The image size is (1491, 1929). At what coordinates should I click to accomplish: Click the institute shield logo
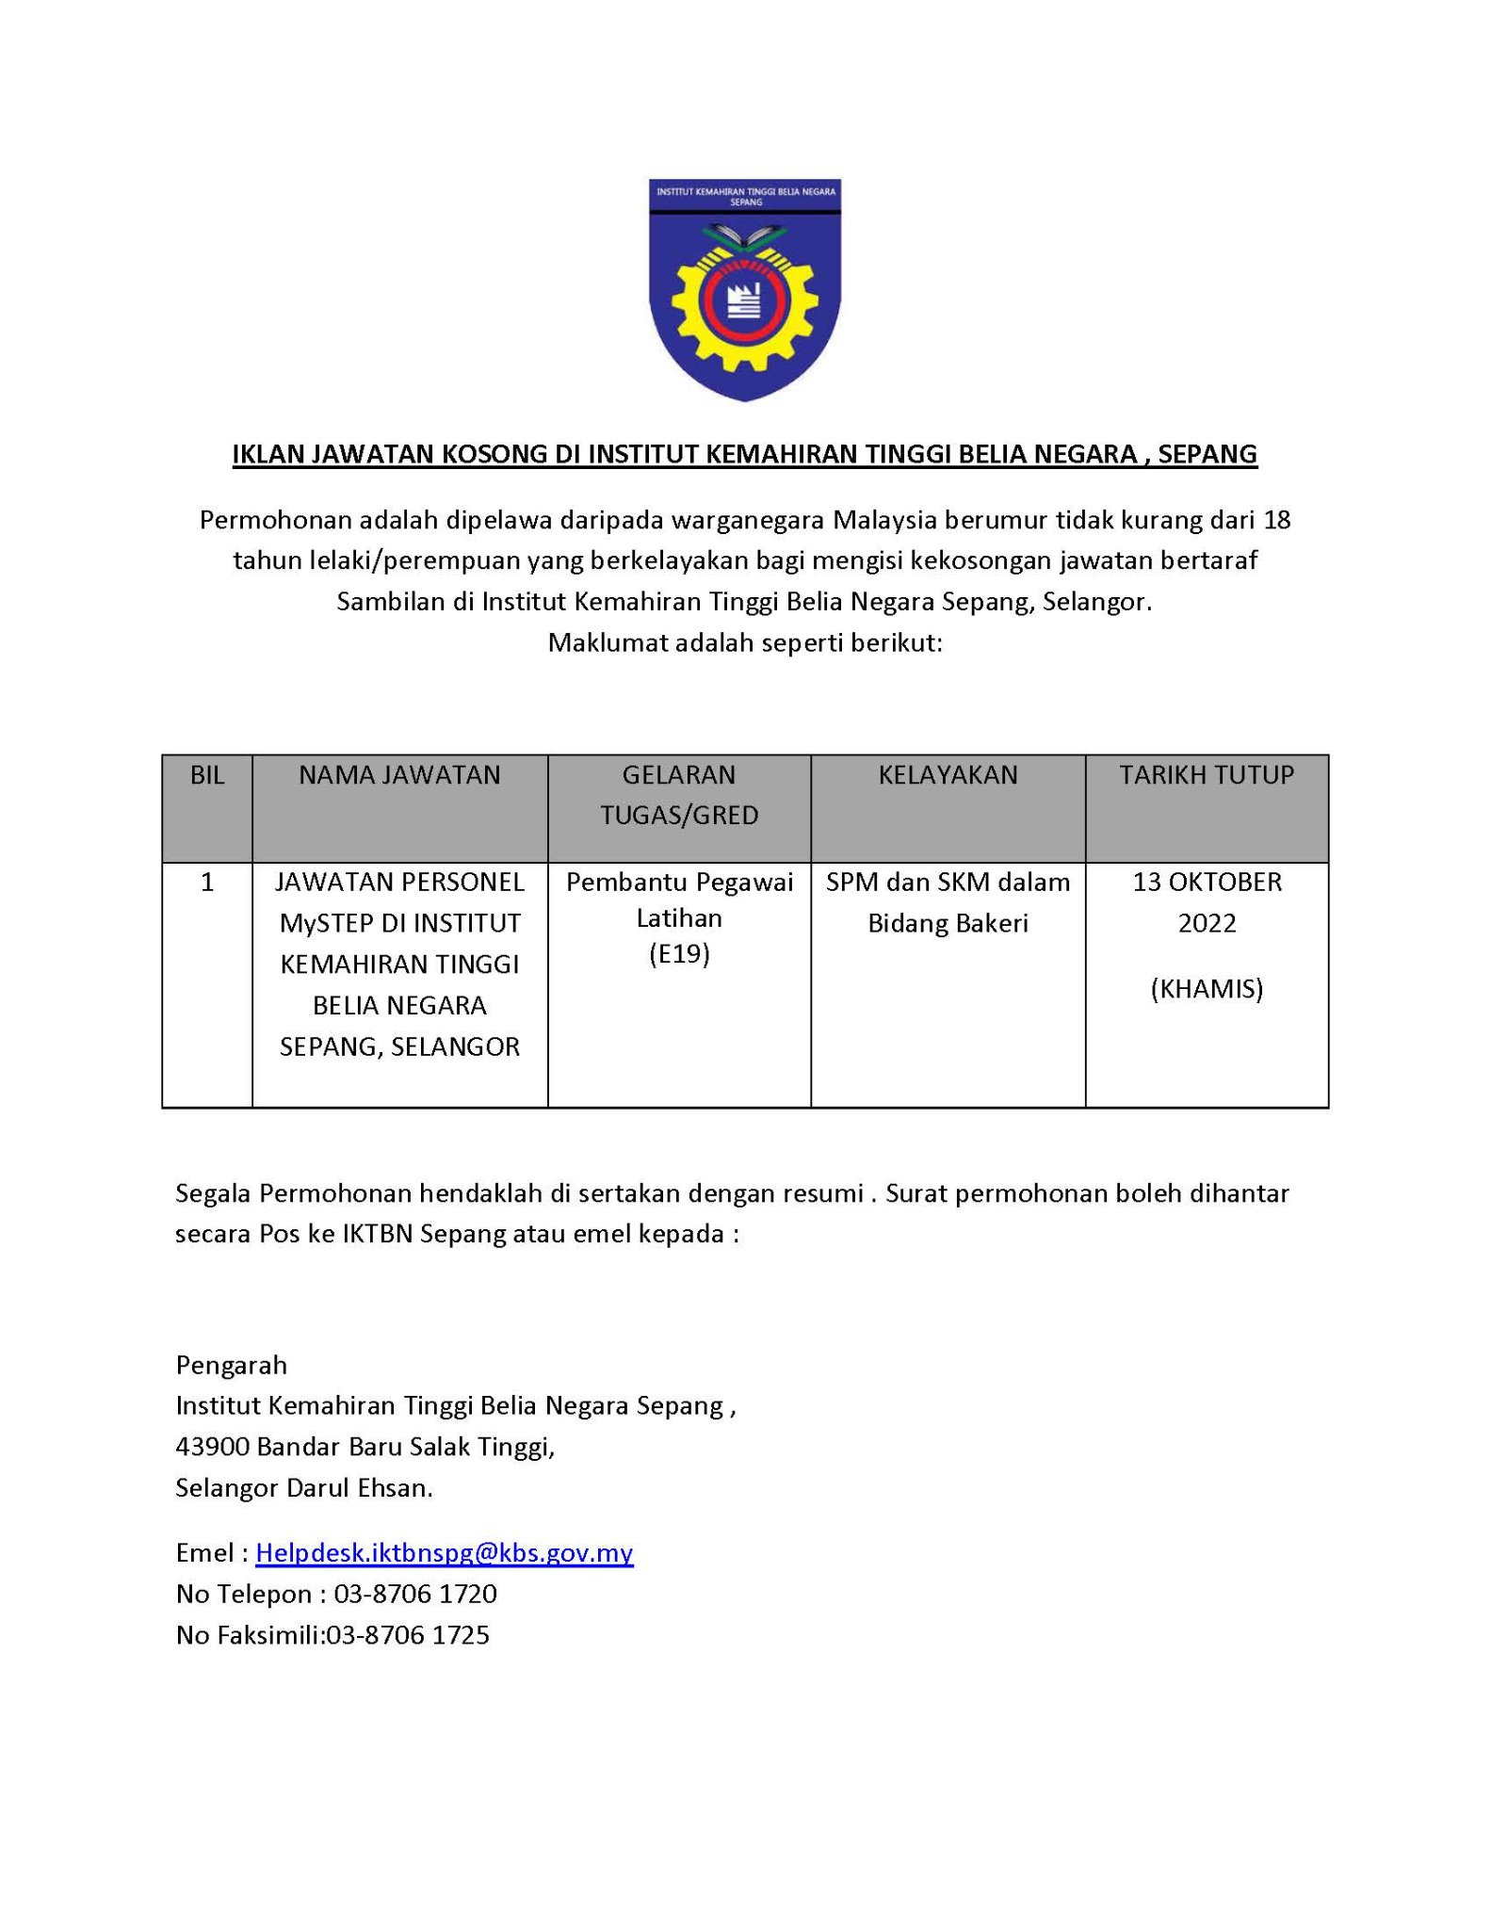(x=744, y=288)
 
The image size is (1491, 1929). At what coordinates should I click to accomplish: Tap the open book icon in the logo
(x=744, y=235)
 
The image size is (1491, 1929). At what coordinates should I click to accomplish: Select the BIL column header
(x=207, y=775)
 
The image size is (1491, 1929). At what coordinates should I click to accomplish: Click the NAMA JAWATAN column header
(x=399, y=775)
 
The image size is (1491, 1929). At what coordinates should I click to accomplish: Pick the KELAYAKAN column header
(x=948, y=775)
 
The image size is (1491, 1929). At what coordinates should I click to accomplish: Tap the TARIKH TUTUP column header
(x=1207, y=775)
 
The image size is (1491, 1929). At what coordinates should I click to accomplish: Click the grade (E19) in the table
(x=679, y=954)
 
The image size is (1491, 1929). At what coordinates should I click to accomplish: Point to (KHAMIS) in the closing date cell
(x=1207, y=988)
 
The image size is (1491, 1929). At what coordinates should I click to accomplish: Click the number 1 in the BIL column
(x=207, y=883)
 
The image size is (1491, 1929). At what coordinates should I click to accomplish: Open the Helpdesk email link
(x=444, y=1552)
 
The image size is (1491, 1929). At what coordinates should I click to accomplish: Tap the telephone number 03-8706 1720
(x=415, y=1594)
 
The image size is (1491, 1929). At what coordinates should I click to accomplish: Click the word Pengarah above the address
(x=231, y=1365)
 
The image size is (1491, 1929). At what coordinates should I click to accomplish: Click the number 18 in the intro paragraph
(x=1277, y=520)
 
